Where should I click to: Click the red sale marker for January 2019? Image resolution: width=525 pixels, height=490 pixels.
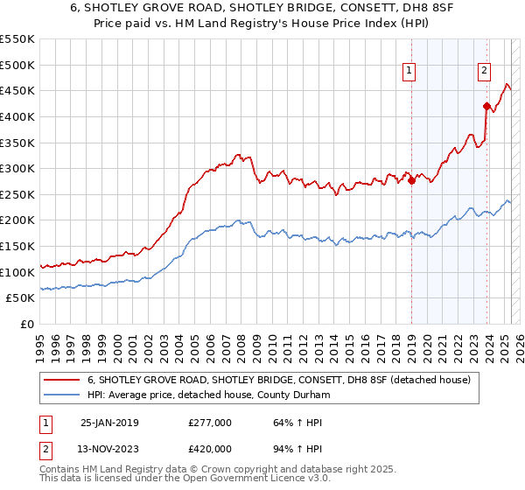[x=411, y=181]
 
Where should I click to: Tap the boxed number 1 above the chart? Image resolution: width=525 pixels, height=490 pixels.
[x=409, y=73]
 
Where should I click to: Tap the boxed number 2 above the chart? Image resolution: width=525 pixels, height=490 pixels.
[x=484, y=73]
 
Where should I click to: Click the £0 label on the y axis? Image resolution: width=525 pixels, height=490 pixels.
[x=26, y=324]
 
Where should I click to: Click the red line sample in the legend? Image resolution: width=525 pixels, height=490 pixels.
[x=63, y=380]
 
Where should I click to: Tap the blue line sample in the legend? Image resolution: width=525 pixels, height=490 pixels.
[x=63, y=395]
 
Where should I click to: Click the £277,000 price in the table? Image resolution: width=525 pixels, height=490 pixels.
[x=210, y=423]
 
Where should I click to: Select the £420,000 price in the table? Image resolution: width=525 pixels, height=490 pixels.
[x=210, y=448]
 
